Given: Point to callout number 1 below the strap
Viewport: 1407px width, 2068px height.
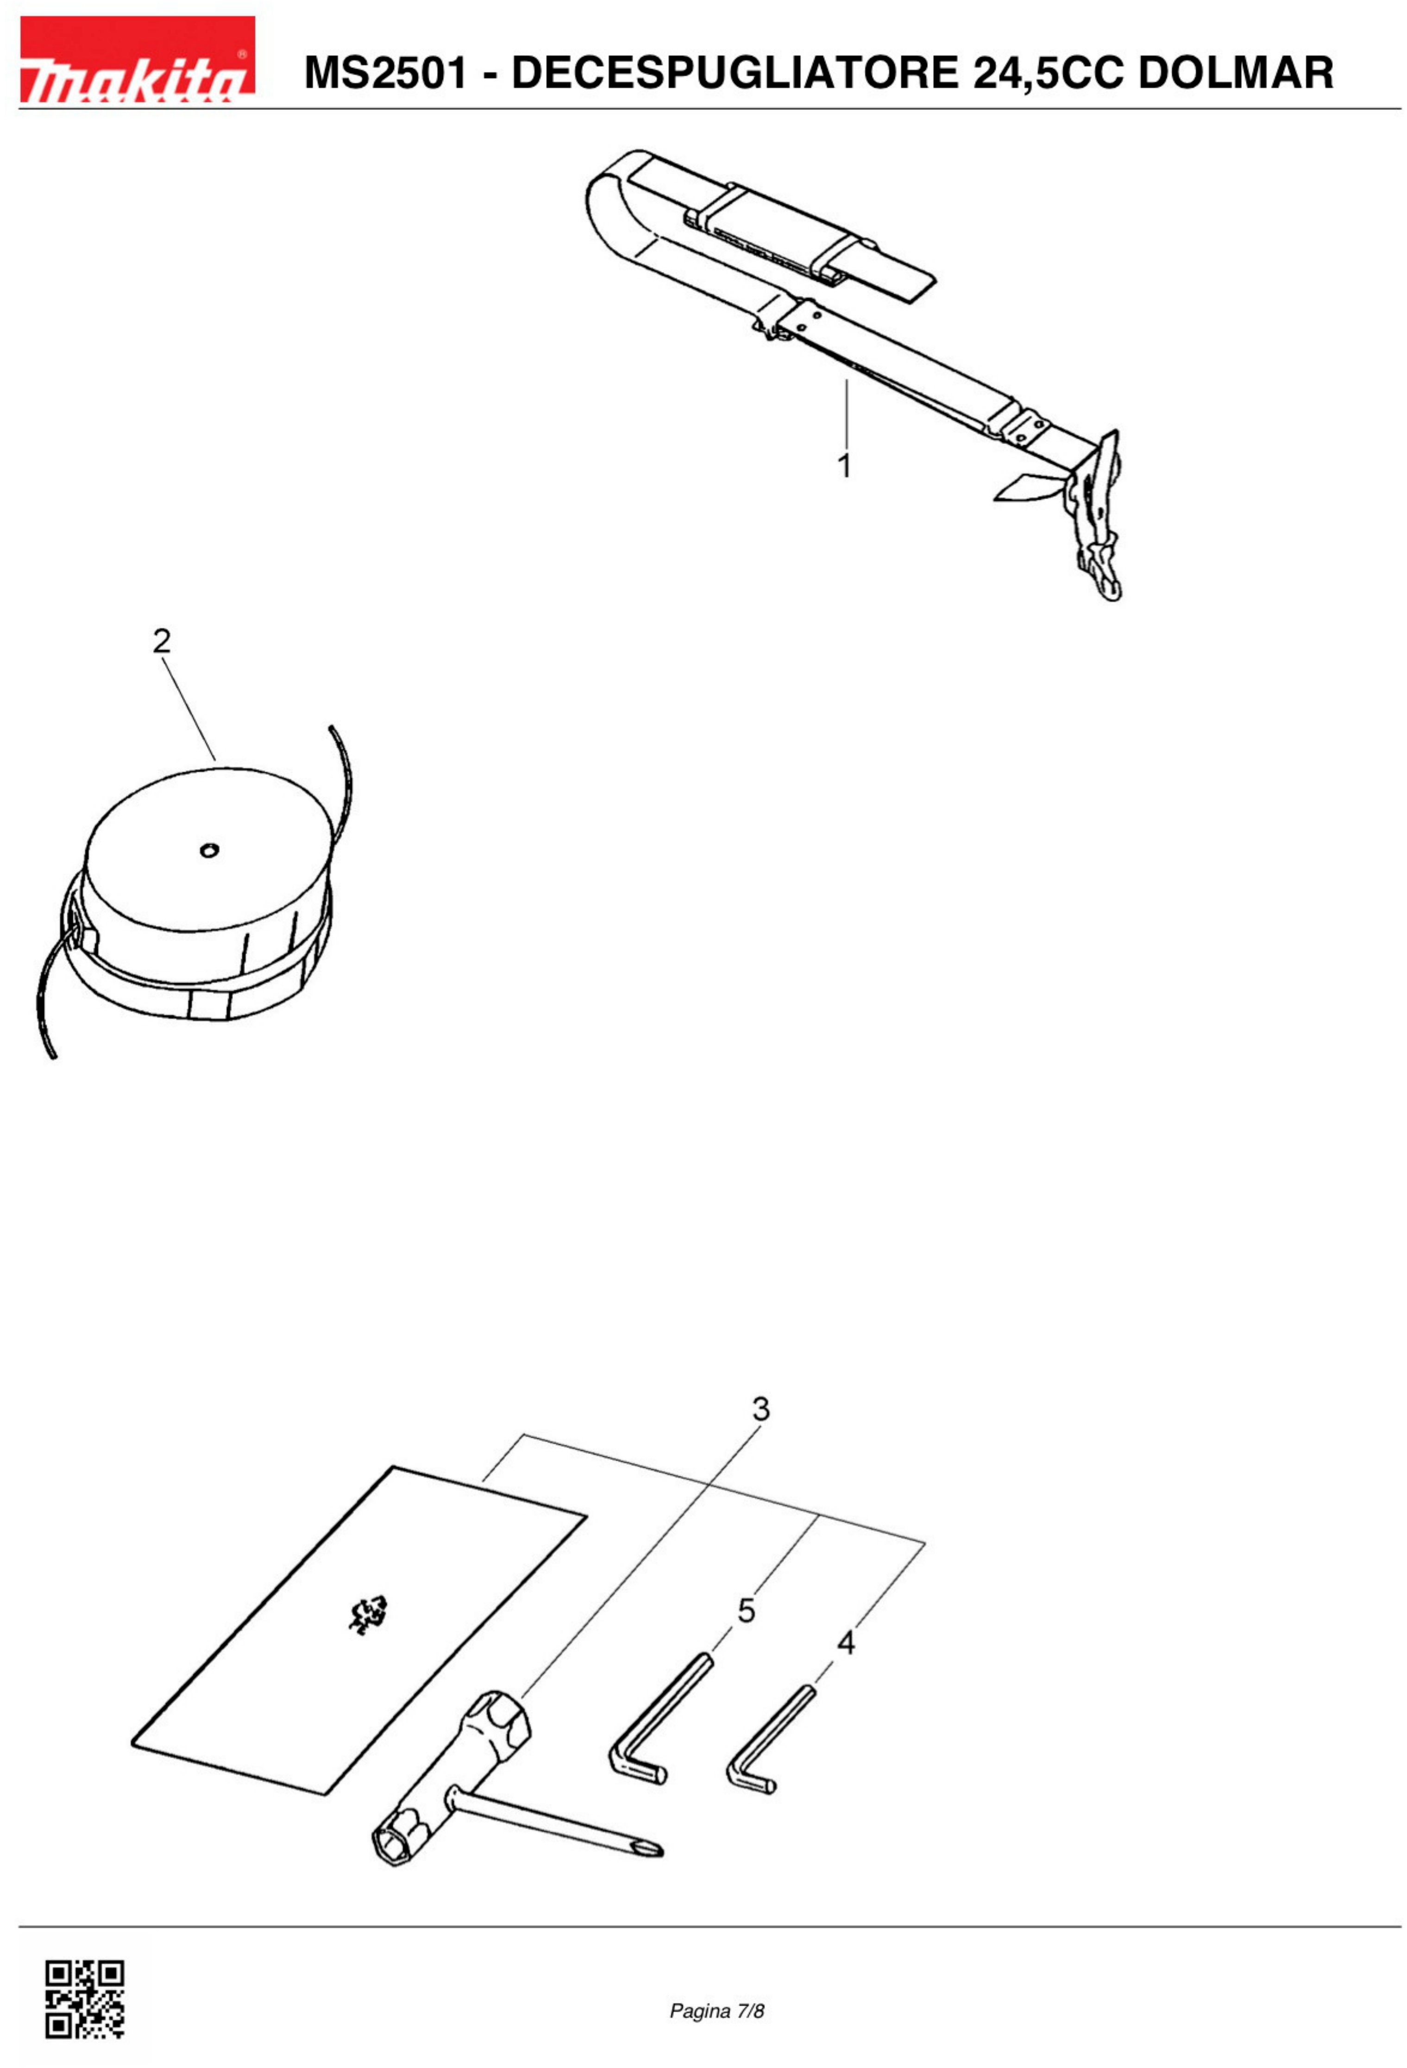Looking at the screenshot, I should point(844,465).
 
